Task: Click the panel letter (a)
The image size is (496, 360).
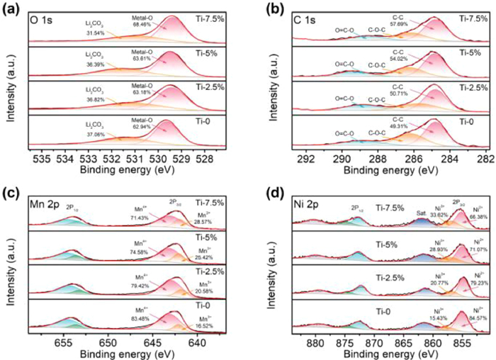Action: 12,9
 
